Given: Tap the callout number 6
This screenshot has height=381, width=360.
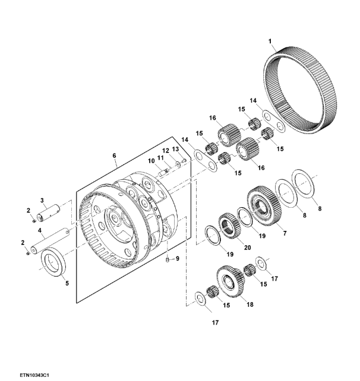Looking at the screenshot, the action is tap(114, 155).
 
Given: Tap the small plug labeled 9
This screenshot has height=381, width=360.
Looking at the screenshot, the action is tap(168, 261).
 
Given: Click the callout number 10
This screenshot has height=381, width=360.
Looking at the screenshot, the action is tap(151, 161).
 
